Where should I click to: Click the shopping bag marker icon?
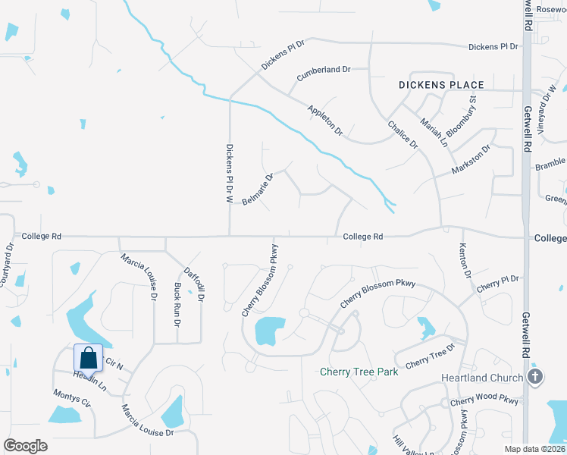pyautogui.click(x=88, y=358)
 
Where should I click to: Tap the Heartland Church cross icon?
pyautogui.click(x=535, y=376)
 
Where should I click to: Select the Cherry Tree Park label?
pyautogui.click(x=359, y=372)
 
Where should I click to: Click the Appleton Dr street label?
pyautogui.click(x=325, y=121)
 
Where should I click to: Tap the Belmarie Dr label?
pyautogui.click(x=258, y=187)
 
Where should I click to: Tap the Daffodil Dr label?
pyautogui.click(x=195, y=284)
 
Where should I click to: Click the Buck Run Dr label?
pyautogui.click(x=177, y=304)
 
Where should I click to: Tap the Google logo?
pyautogui.click(x=25, y=445)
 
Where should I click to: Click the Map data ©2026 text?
pyautogui.click(x=535, y=449)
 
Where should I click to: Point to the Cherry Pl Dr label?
pyautogui.click(x=498, y=284)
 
